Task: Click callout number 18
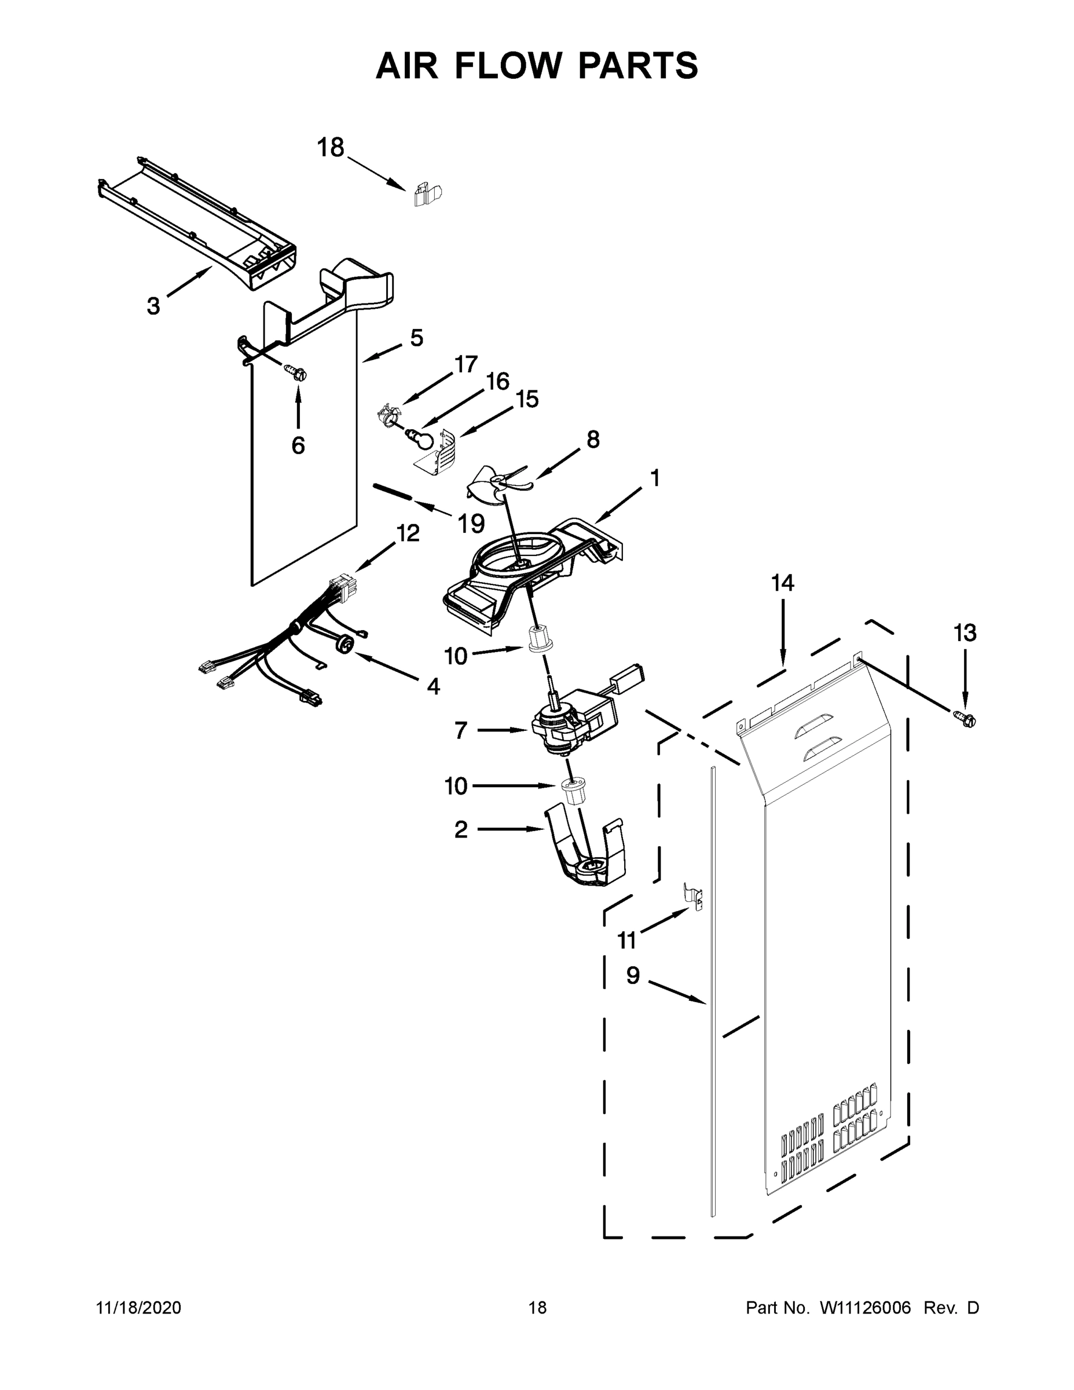[x=330, y=148]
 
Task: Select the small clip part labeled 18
[x=427, y=193]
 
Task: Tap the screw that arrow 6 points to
[x=295, y=372]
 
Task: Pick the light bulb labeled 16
[x=420, y=438]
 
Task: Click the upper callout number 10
[x=456, y=656]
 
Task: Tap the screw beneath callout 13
[x=966, y=719]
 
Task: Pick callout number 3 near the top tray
[x=153, y=306]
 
